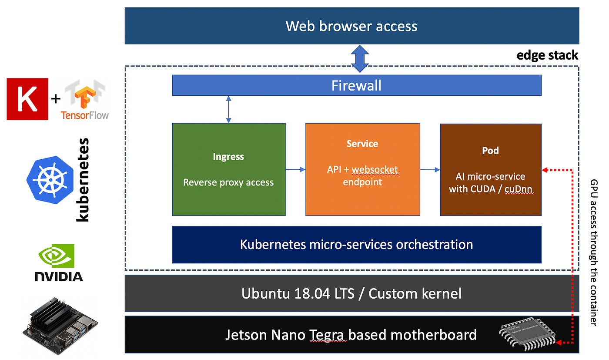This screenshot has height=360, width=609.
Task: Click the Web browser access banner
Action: pos(351,26)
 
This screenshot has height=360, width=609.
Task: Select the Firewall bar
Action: pos(357,85)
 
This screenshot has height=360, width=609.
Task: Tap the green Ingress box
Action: pos(229,169)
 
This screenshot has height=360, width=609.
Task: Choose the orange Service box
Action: pos(362,169)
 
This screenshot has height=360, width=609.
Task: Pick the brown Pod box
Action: pos(491,170)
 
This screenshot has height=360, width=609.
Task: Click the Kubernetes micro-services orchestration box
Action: pos(357,244)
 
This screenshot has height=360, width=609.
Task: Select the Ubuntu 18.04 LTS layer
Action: pos(351,293)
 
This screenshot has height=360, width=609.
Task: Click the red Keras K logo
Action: pos(27,99)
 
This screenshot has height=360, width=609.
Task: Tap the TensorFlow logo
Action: pos(85,101)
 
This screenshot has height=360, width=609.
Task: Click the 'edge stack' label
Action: pos(547,55)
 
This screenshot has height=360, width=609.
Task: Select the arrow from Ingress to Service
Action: pos(295,169)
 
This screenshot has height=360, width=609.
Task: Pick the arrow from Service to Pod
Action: pos(430,170)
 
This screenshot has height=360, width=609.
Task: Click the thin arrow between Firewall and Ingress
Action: pos(228,109)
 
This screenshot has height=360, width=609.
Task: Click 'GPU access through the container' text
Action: pos(593,252)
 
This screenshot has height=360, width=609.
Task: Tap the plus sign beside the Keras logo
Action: pos(56,99)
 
